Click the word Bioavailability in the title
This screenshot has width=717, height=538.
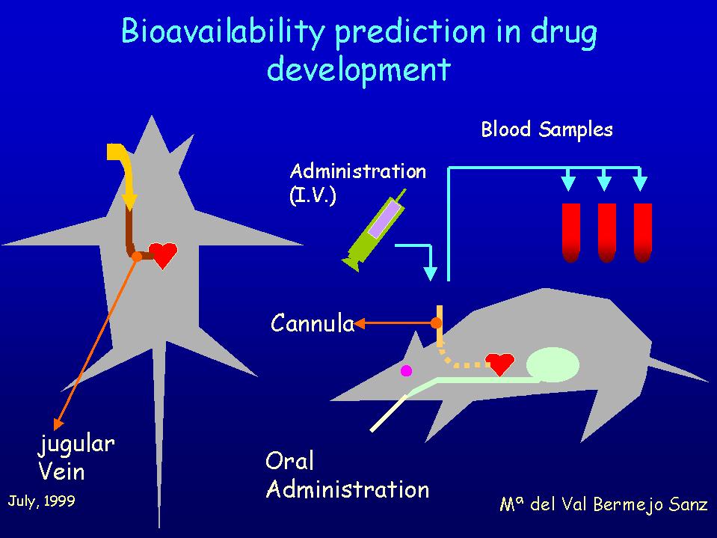coord(223,33)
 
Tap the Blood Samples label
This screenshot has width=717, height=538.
coord(547,129)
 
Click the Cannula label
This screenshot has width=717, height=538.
coord(313,324)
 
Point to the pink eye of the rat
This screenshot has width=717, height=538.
coord(406,370)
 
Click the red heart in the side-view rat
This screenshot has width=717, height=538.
coord(499,364)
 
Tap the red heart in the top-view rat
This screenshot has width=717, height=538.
coord(163,255)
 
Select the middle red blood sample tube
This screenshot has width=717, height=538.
coord(607,233)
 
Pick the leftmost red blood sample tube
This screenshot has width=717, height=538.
coord(570,233)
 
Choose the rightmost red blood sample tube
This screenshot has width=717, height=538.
coord(642,233)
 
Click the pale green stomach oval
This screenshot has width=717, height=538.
coord(553,364)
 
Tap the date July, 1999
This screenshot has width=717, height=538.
coord(42,501)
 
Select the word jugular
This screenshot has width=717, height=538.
coord(76,444)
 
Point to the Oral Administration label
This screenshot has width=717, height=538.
coord(348,475)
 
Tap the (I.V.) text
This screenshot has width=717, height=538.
coord(313,196)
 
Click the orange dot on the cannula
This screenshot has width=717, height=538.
coord(436,323)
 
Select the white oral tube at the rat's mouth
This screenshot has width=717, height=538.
coord(388,413)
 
